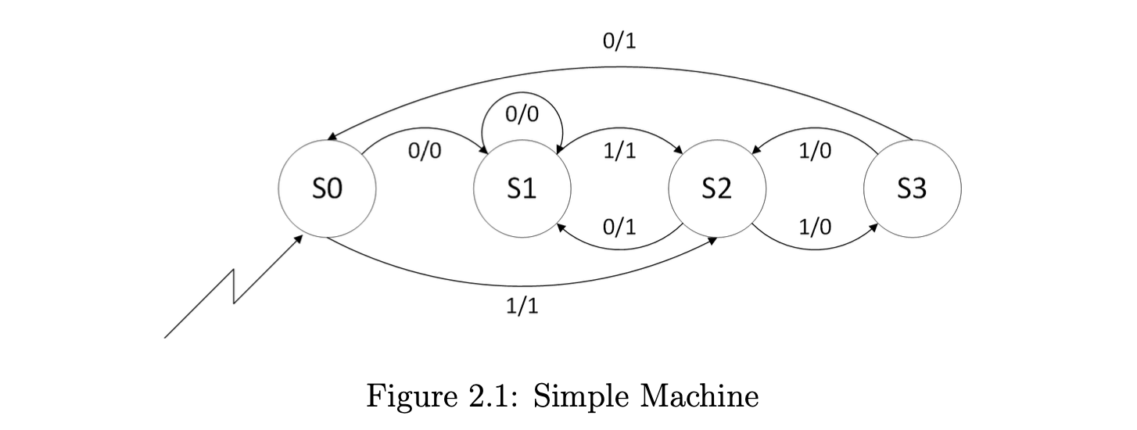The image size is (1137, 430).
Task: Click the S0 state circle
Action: pyautogui.click(x=327, y=189)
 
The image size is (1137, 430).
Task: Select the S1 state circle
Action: pyautogui.click(x=522, y=189)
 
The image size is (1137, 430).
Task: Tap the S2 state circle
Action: pyautogui.click(x=716, y=189)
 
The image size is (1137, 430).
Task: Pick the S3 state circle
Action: pyautogui.click(x=912, y=189)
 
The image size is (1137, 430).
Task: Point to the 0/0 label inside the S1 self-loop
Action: pyautogui.click(x=522, y=114)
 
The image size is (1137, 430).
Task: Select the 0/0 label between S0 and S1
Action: pyautogui.click(x=425, y=151)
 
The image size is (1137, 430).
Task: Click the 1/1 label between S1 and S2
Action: pyautogui.click(x=619, y=151)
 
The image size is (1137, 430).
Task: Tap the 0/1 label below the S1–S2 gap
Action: pyautogui.click(x=619, y=228)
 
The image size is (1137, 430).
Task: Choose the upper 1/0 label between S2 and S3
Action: pyautogui.click(x=815, y=151)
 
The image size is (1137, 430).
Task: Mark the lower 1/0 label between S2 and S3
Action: pyautogui.click(x=815, y=228)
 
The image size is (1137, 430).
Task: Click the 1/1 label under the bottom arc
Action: pyautogui.click(x=522, y=306)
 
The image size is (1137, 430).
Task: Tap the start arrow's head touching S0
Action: pyautogui.click(x=299, y=237)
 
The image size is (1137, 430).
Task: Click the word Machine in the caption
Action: pyautogui.click(x=699, y=396)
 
